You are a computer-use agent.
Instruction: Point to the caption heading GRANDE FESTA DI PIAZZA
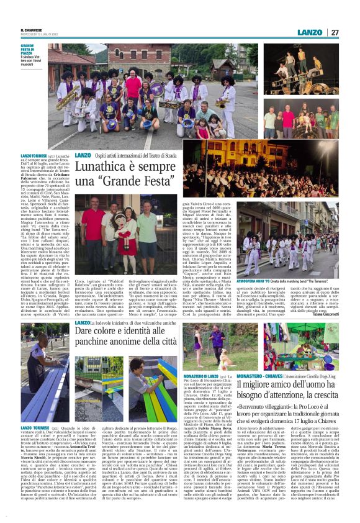[30, 51]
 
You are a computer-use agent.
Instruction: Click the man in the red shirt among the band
[133, 87]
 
